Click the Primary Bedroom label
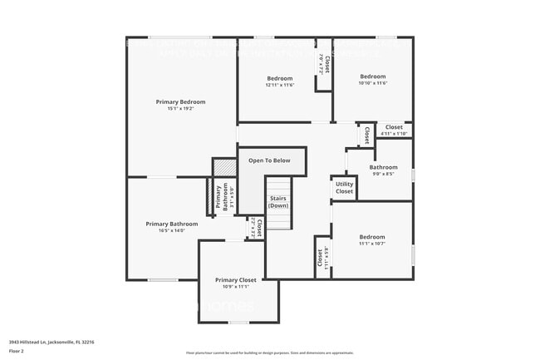tap(180, 101)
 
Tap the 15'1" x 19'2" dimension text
tap(180, 109)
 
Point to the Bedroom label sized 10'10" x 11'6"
tap(372, 76)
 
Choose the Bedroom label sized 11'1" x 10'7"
tap(371, 236)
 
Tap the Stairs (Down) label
tap(278, 201)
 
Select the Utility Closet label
tap(344, 187)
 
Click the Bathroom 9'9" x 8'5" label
tap(383, 167)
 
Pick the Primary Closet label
tap(235, 280)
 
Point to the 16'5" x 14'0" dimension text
tap(172, 231)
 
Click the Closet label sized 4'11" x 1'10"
tap(394, 127)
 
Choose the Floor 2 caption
tap(17, 351)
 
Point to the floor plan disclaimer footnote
tap(269, 353)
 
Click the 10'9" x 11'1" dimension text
tap(235, 288)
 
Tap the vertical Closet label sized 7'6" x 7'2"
tap(325, 64)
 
